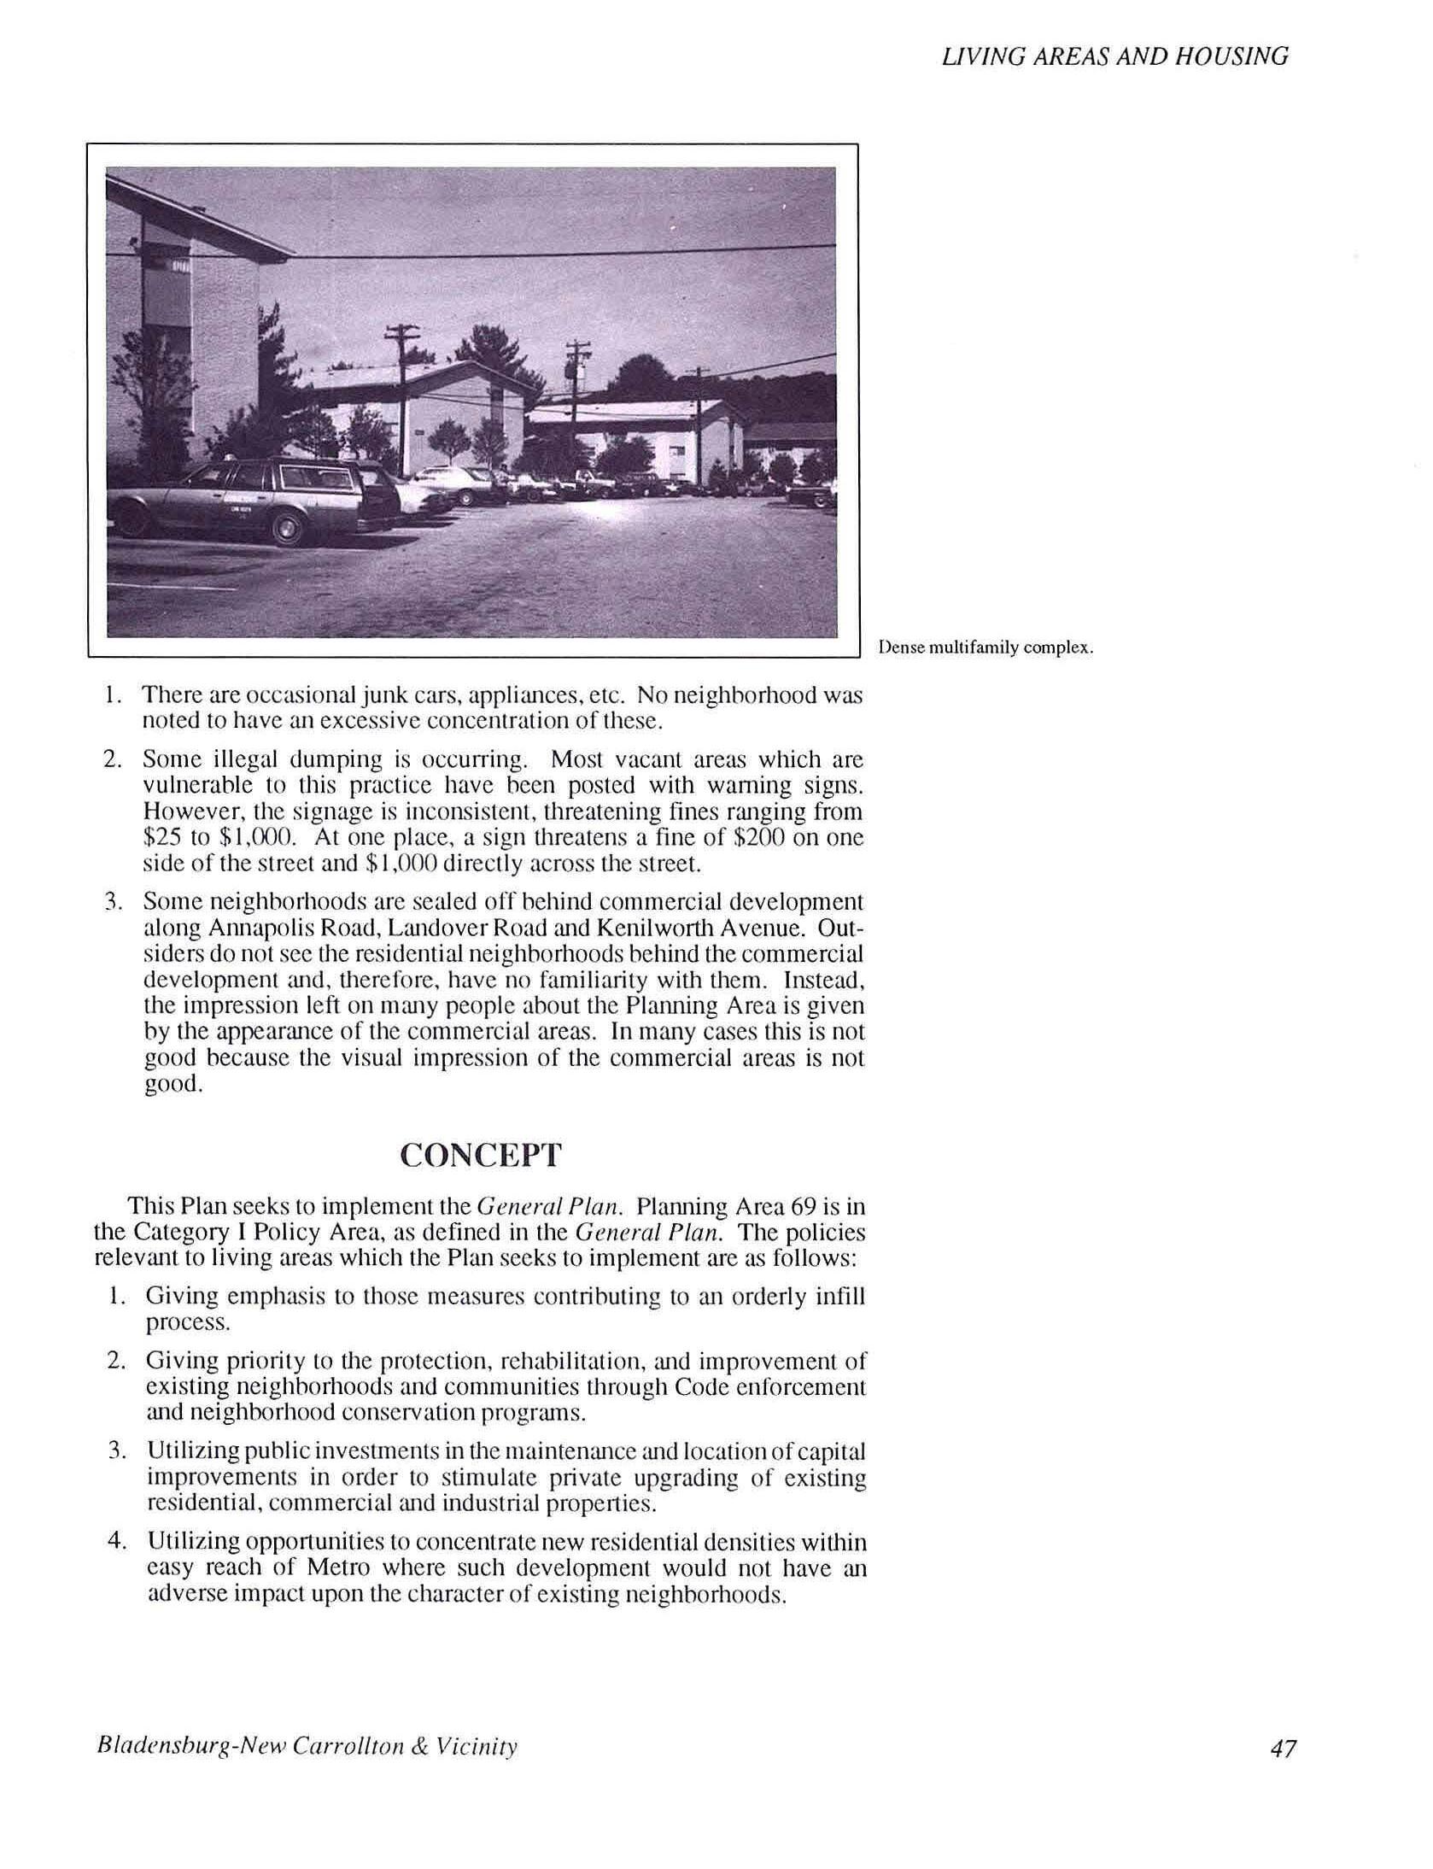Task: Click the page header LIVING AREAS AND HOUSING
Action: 1114,56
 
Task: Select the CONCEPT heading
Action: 481,1155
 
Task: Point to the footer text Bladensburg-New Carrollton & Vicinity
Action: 307,1747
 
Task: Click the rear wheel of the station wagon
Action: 289,529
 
